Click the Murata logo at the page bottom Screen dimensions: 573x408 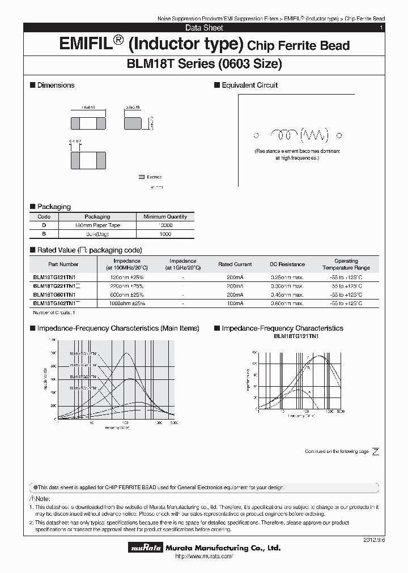pyautogui.click(x=146, y=548)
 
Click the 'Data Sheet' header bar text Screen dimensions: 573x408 pyautogui.click(x=204, y=28)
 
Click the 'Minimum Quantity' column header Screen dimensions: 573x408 pyautogui.click(x=165, y=216)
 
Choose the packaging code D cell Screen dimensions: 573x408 pyautogui.click(x=44, y=225)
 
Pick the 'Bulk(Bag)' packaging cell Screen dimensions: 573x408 pyautogui.click(x=97, y=234)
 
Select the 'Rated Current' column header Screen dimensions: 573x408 pyautogui.click(x=235, y=264)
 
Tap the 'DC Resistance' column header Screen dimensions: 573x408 pyautogui.click(x=287, y=264)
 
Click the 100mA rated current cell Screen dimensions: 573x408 pyautogui.click(x=235, y=303)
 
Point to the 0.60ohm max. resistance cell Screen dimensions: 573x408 pyautogui.click(x=287, y=303)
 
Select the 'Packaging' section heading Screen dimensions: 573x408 pyautogui.click(x=54, y=207)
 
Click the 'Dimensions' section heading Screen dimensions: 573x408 pyautogui.click(x=56, y=85)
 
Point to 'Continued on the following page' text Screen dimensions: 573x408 pyautogui.click(x=337, y=451)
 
